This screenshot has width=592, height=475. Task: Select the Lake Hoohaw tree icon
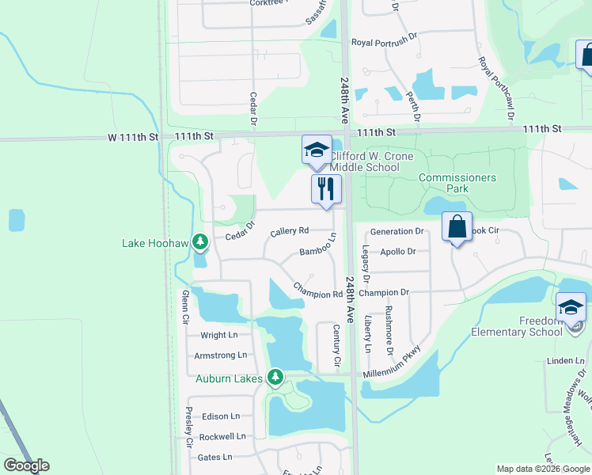(200, 241)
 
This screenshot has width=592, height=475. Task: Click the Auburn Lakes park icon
(275, 378)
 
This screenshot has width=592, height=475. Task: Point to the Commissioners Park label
(457, 183)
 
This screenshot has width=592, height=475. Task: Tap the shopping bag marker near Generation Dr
(457, 226)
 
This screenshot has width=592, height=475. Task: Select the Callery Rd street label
(289, 232)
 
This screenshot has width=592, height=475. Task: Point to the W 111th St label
(134, 137)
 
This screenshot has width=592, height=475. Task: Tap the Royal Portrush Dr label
(384, 43)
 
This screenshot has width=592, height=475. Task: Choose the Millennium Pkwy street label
(392, 363)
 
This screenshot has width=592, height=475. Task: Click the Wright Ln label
(219, 336)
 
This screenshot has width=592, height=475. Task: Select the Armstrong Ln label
(221, 355)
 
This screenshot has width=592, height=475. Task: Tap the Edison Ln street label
(220, 416)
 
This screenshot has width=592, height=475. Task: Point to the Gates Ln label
(215, 457)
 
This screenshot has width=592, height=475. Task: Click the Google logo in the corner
(26, 465)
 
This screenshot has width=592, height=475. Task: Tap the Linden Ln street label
(565, 361)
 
